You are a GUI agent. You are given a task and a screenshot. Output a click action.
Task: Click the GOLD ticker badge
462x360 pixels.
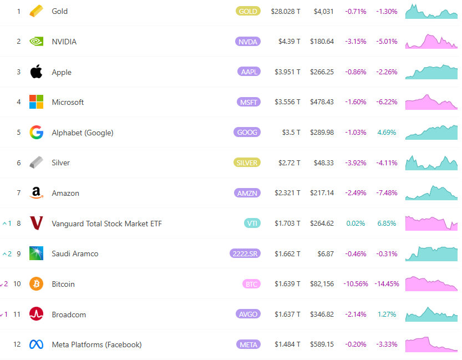247,11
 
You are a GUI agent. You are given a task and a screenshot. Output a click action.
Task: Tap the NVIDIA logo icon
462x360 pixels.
36,42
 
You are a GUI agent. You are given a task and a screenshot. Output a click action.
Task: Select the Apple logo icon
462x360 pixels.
36,72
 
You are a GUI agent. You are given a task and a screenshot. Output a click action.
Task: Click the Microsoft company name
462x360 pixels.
68,102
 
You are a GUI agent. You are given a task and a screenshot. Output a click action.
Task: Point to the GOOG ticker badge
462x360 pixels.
247,133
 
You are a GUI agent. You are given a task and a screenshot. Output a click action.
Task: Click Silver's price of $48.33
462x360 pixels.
323,163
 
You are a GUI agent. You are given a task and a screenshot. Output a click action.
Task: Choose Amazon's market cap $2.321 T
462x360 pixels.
287,193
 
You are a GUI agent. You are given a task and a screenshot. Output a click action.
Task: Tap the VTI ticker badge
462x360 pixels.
252,224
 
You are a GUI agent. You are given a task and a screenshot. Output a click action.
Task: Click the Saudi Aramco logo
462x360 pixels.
36,253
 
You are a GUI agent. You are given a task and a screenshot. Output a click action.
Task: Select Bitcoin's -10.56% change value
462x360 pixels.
356,284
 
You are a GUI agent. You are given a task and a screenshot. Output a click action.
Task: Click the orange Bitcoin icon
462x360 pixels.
36,284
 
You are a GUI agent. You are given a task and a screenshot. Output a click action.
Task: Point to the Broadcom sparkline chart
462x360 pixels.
431,315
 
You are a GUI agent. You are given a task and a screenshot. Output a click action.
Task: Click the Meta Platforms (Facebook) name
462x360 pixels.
97,344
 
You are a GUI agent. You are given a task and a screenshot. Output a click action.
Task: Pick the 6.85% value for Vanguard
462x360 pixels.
387,224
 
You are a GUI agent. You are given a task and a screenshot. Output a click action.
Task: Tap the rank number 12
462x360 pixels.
17,344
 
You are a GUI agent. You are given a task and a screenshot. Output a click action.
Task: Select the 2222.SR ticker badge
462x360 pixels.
245,253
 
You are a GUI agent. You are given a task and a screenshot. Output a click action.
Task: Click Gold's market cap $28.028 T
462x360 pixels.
286,11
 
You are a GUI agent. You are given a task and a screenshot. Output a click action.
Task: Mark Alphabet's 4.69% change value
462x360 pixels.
387,133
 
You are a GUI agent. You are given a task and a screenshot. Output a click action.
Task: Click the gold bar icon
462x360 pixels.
36,11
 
